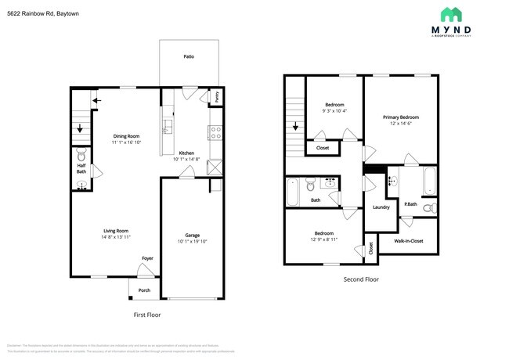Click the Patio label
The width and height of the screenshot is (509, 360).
click(189, 56)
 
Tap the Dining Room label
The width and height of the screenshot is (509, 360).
click(125, 136)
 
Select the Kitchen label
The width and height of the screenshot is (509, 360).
click(186, 153)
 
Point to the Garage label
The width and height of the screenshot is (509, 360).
click(192, 235)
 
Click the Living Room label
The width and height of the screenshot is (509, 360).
click(116, 230)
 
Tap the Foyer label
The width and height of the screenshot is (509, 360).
click(147, 257)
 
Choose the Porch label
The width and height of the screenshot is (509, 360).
click(144, 290)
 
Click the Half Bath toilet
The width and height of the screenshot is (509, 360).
click(81, 154)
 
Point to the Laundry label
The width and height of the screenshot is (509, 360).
click(381, 207)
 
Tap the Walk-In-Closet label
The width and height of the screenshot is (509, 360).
click(408, 240)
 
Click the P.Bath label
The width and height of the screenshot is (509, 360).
click(410, 205)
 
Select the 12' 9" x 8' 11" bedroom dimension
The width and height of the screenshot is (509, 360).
click(324, 239)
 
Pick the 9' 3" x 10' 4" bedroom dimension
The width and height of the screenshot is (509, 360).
click(334, 111)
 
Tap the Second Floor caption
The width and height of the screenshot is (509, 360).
click(361, 279)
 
